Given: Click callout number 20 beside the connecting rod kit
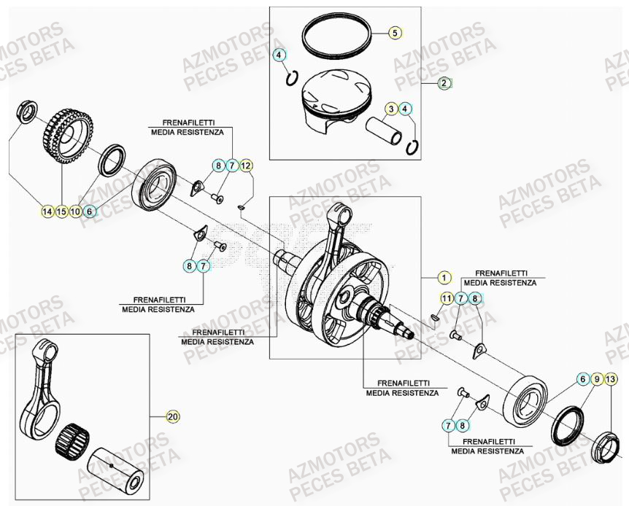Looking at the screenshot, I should pos(172,417).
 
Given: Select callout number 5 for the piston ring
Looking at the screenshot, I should pos(394,33).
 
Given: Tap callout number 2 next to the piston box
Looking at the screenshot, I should pos(444,83).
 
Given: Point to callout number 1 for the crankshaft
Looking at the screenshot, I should pos(442,277).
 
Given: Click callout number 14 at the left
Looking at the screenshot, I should pos(47,211).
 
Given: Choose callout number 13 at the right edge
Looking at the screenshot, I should pos(611,379).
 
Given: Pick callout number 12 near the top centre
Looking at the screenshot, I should pos(246,166).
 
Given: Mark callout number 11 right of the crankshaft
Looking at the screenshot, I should pos(446,297).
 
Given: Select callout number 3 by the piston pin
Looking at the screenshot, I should pos(392,109).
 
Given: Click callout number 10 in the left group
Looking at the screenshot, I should pos(76,211).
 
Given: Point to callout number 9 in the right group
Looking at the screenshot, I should pos(597,379).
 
